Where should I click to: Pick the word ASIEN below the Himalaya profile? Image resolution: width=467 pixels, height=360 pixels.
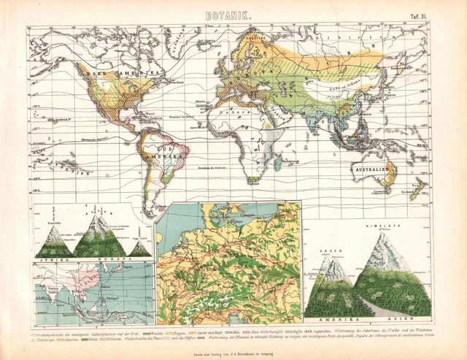pos(399,320)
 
